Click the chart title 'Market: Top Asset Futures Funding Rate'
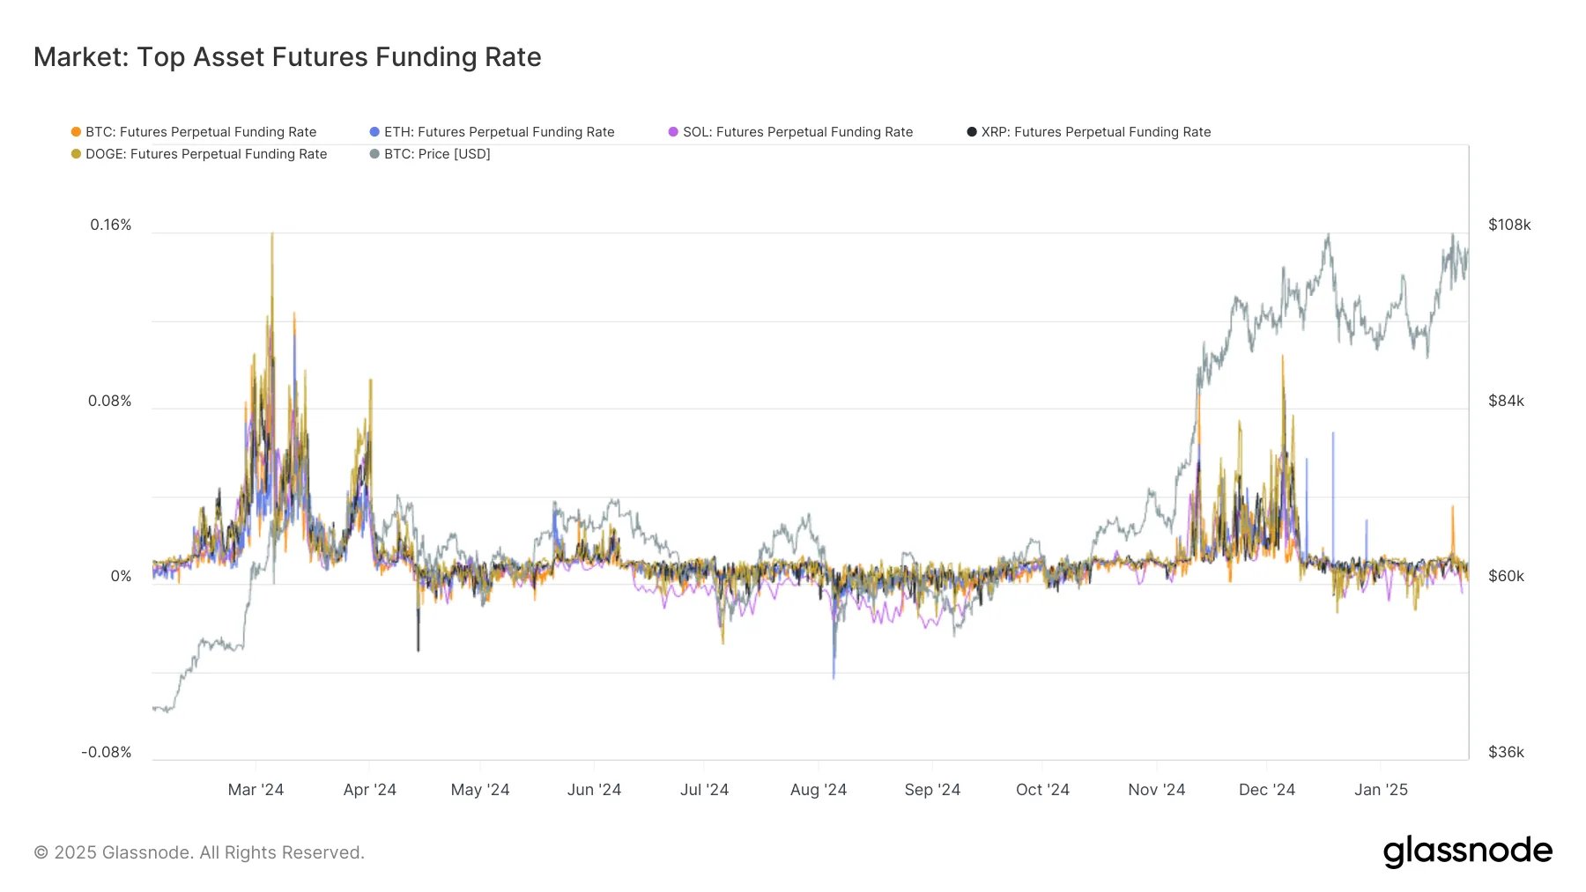tap(287, 57)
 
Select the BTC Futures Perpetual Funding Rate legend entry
tap(200, 132)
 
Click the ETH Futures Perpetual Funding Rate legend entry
tap(499, 132)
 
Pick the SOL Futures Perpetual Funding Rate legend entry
tap(797, 132)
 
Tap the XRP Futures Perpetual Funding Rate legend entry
tap(1095, 132)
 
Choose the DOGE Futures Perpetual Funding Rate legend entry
tap(205, 154)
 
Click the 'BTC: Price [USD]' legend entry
tap(436, 154)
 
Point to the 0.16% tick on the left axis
tap(111, 225)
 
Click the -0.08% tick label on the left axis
tap(107, 752)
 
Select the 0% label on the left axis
tap(121, 576)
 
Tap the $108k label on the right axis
tap(1509, 225)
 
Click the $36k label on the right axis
tap(1506, 752)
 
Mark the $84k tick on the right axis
tap(1506, 402)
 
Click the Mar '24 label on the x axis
tap(256, 790)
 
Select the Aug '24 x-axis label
tap(818, 790)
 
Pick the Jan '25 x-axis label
tap(1381, 790)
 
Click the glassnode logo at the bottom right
tap(1467, 851)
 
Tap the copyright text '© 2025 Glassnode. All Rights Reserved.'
tap(199, 852)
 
